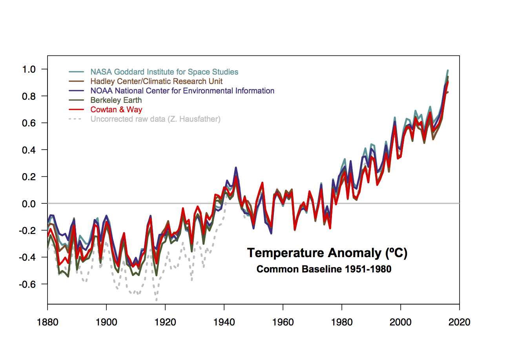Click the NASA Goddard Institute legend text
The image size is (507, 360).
[164, 72]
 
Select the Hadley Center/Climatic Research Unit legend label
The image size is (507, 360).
[156, 81]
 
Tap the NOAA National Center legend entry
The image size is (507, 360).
[182, 91]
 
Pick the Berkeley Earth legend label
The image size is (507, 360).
[116, 100]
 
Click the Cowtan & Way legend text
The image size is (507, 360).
[116, 110]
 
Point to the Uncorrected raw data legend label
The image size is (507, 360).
[155, 119]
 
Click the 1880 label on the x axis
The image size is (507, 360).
[47, 323]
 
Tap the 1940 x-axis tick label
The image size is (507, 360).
[224, 323]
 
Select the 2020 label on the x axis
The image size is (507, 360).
[460, 323]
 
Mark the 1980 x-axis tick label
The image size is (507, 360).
[342, 323]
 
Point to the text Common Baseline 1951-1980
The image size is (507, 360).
[324, 270]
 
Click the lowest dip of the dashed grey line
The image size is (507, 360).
[156, 300]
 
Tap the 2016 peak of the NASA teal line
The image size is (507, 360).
[448, 71]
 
